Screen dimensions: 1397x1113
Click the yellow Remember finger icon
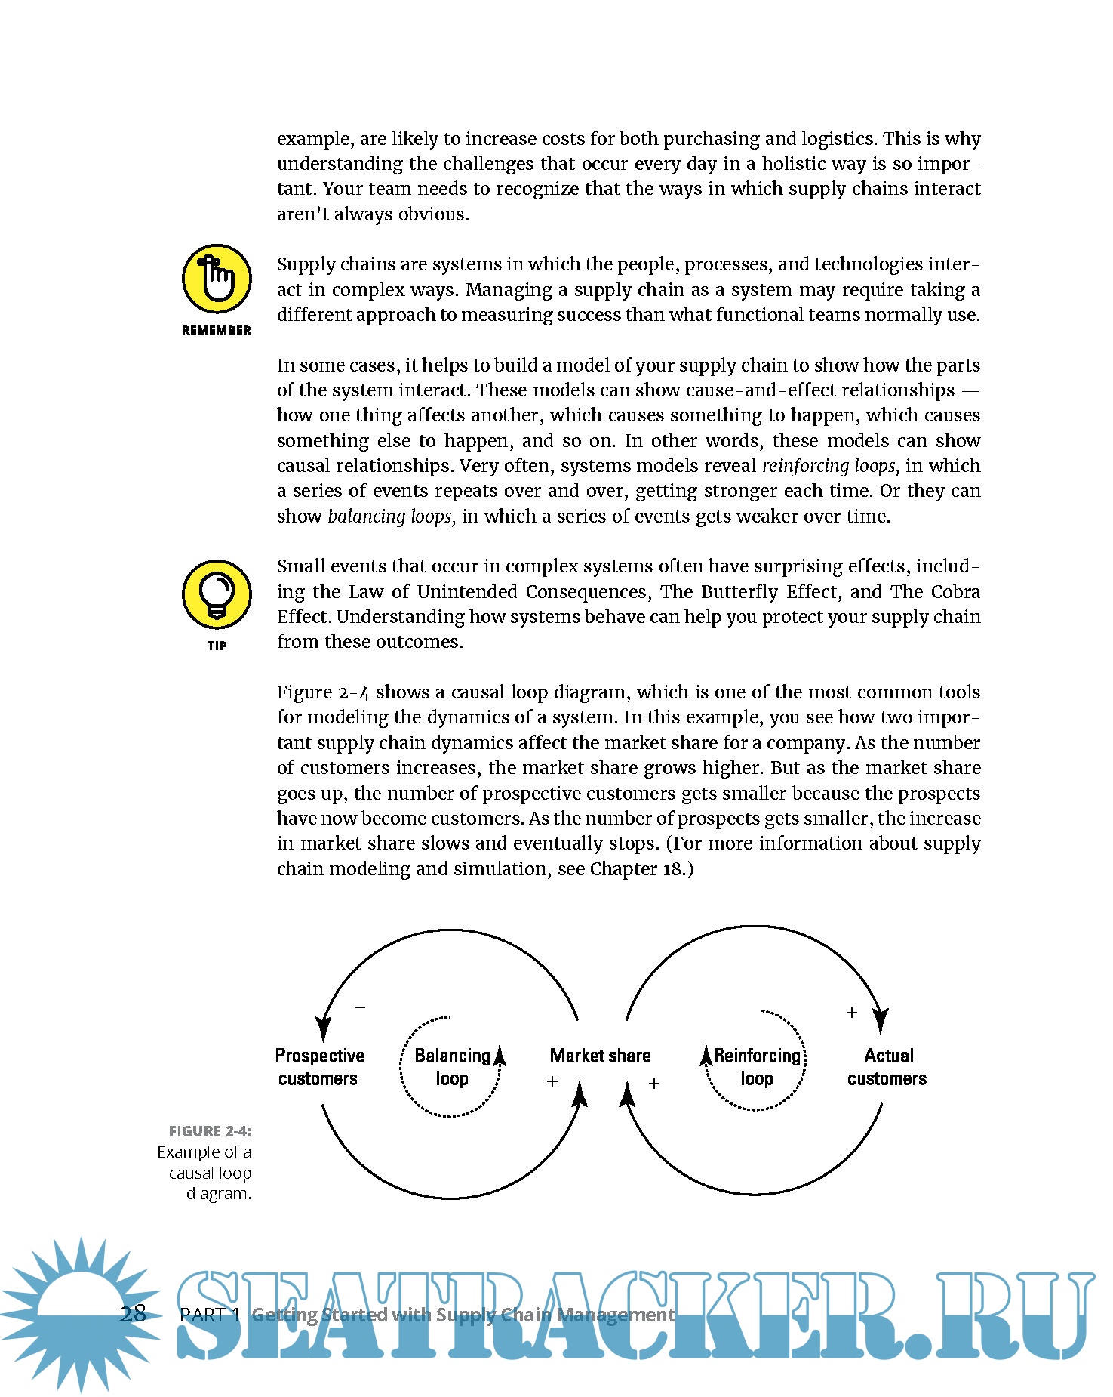[x=217, y=279]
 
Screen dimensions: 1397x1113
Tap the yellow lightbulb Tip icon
[x=217, y=594]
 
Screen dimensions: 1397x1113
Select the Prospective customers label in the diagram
[x=319, y=1067]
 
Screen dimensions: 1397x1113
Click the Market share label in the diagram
[x=600, y=1056]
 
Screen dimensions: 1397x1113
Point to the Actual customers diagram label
[x=887, y=1067]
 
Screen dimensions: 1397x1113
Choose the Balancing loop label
[x=452, y=1067]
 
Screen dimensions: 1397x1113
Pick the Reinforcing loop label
[x=757, y=1067]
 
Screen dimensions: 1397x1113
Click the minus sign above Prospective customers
[x=360, y=1007]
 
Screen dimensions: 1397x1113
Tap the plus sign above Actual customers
[x=852, y=1013]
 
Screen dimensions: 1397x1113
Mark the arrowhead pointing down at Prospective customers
[x=324, y=1028]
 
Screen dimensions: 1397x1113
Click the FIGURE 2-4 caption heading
[x=210, y=1131]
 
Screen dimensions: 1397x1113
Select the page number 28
[x=133, y=1314]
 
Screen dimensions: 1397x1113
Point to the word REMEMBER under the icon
[x=217, y=330]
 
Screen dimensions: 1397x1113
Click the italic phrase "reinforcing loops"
[x=830, y=466]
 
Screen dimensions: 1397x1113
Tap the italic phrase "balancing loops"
[x=392, y=517]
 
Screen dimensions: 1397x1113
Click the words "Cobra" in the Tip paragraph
[x=955, y=592]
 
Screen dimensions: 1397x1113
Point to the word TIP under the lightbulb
[x=217, y=646]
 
